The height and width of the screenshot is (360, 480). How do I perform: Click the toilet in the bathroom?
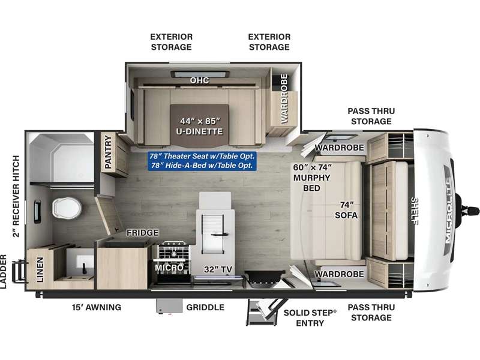pos(67,208)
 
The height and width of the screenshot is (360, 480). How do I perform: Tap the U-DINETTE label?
pos(199,131)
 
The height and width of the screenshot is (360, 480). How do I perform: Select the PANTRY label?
pos(108,152)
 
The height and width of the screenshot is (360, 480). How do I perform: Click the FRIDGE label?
pos(142,233)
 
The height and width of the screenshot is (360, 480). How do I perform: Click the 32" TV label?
pos(218,269)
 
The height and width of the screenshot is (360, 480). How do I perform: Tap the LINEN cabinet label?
pos(40,269)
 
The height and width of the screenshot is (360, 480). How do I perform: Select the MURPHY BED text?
pos(311,183)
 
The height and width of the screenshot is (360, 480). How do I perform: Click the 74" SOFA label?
pos(346,210)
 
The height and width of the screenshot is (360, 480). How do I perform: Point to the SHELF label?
pos(414,211)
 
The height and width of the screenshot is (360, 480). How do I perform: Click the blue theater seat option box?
pos(202,161)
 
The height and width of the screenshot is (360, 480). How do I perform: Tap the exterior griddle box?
pos(169,306)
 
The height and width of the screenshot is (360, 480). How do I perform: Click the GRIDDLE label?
pos(205,307)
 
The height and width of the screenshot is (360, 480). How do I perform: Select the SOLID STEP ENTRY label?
pos(310,318)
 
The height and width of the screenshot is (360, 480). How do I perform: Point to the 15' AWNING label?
pos(97,307)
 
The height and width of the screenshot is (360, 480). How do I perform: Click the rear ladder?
pos(19,271)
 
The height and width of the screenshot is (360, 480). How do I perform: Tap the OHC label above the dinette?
pos(199,80)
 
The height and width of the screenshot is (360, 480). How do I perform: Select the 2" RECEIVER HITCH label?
pos(16,196)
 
